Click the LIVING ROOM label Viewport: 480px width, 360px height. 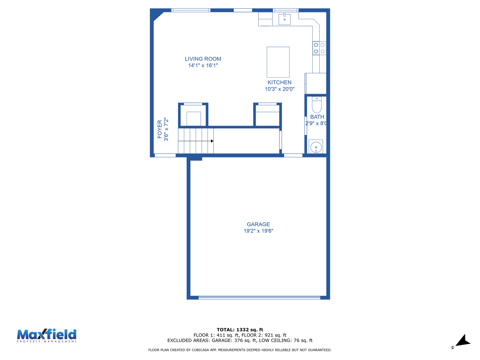tap(203, 59)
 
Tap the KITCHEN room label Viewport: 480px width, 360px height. tap(279, 82)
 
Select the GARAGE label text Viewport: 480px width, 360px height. tap(258, 224)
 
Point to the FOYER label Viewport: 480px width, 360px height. tap(160, 129)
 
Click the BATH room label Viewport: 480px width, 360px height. tap(317, 117)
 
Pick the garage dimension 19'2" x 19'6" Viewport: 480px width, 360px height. tap(258, 231)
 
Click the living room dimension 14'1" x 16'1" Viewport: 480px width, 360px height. tap(203, 65)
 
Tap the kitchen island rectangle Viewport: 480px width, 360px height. tap(278, 62)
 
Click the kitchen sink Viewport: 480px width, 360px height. tap(284, 19)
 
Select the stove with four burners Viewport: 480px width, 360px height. tap(319, 48)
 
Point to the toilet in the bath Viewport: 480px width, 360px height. tap(316, 105)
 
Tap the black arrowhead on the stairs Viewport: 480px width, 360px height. tap(212, 141)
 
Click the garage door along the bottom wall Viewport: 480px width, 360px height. tap(259, 297)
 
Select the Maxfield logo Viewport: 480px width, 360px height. tap(47, 336)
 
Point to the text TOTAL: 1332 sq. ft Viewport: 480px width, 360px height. tap(240, 330)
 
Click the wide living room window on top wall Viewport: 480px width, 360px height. tap(191, 10)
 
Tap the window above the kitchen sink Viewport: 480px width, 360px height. tap(286, 10)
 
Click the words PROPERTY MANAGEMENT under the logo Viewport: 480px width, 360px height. tap(47, 341)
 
